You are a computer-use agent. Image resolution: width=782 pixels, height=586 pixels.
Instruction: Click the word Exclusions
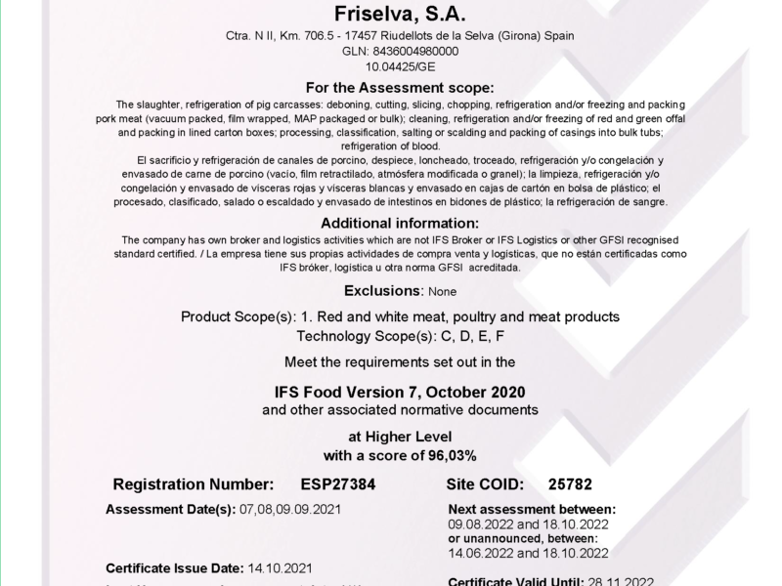pyautogui.click(x=382, y=291)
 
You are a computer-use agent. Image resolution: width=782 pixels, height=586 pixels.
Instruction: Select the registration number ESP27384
pyautogui.click(x=337, y=483)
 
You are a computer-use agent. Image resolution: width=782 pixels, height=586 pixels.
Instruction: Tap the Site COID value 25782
pyautogui.click(x=571, y=483)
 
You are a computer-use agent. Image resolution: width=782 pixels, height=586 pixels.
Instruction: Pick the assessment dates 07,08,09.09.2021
pyautogui.click(x=291, y=509)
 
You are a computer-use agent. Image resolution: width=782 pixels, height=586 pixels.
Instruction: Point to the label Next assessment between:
pyautogui.click(x=532, y=509)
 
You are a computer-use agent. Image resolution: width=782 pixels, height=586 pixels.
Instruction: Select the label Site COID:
pyautogui.click(x=485, y=483)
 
